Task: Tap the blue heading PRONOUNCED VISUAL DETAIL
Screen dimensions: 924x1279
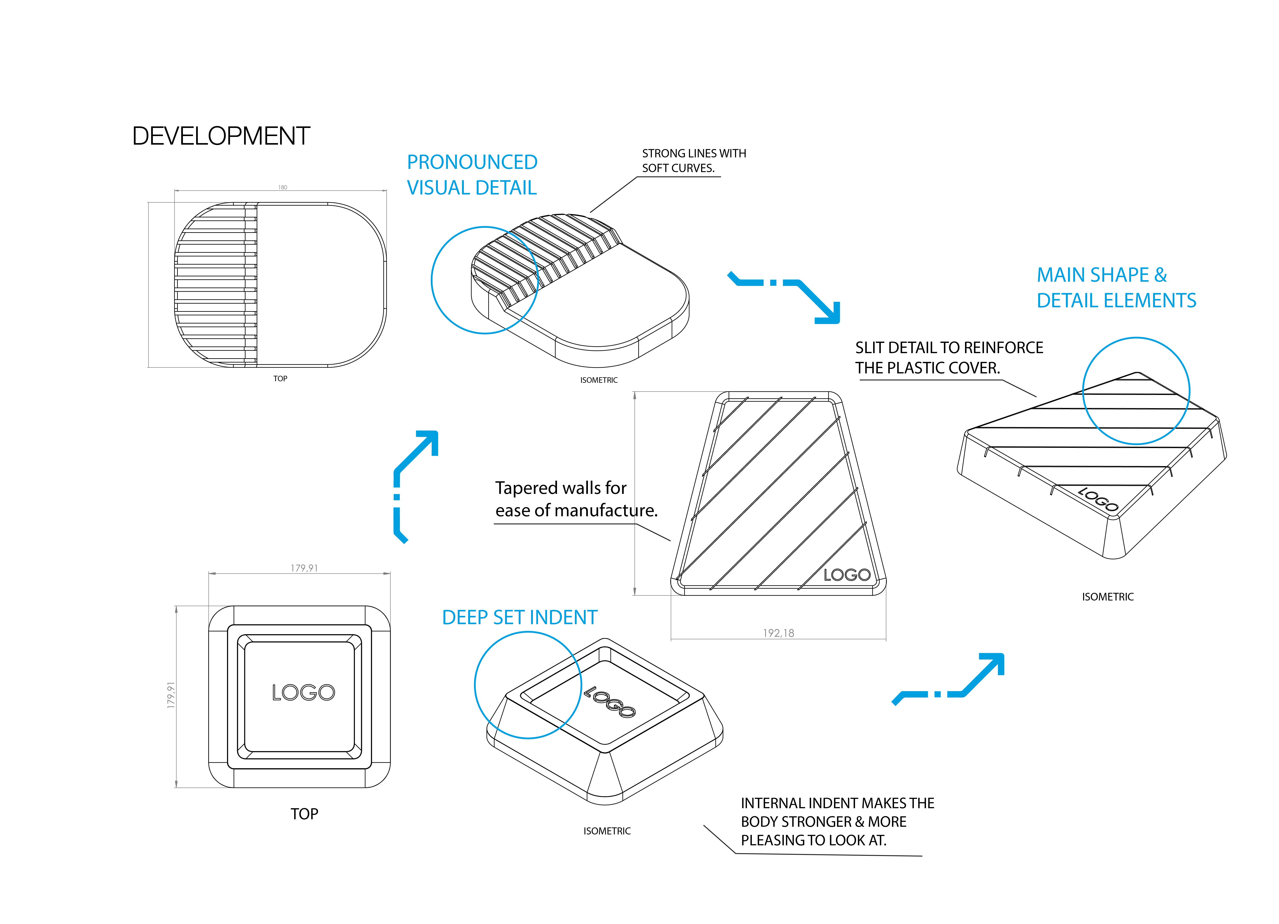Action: coord(472,175)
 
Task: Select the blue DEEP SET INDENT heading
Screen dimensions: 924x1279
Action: coord(519,618)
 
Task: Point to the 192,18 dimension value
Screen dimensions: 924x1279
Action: coord(778,633)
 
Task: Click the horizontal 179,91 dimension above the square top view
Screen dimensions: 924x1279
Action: coord(304,568)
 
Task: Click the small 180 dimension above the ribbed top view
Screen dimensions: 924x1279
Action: coord(282,187)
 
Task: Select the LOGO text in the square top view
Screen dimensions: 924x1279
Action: coord(303,693)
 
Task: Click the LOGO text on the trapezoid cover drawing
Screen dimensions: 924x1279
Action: coord(847,575)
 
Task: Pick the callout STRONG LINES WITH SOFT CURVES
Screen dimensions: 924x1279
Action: coord(694,161)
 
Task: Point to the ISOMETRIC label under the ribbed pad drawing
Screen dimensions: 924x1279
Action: coord(599,380)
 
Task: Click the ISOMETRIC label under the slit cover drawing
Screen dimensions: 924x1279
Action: coord(1108,597)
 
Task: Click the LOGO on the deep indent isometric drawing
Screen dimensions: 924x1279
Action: coord(610,701)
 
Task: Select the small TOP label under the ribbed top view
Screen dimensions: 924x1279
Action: coord(280,379)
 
